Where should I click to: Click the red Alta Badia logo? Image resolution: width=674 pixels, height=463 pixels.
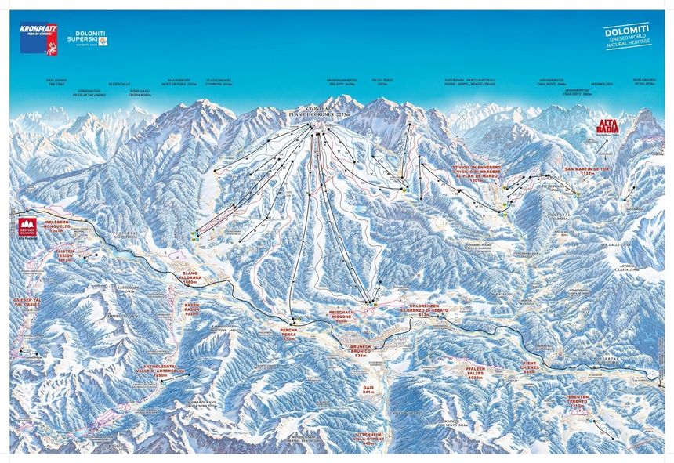tap(608, 126)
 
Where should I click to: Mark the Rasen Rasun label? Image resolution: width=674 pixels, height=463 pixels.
tap(193, 309)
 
